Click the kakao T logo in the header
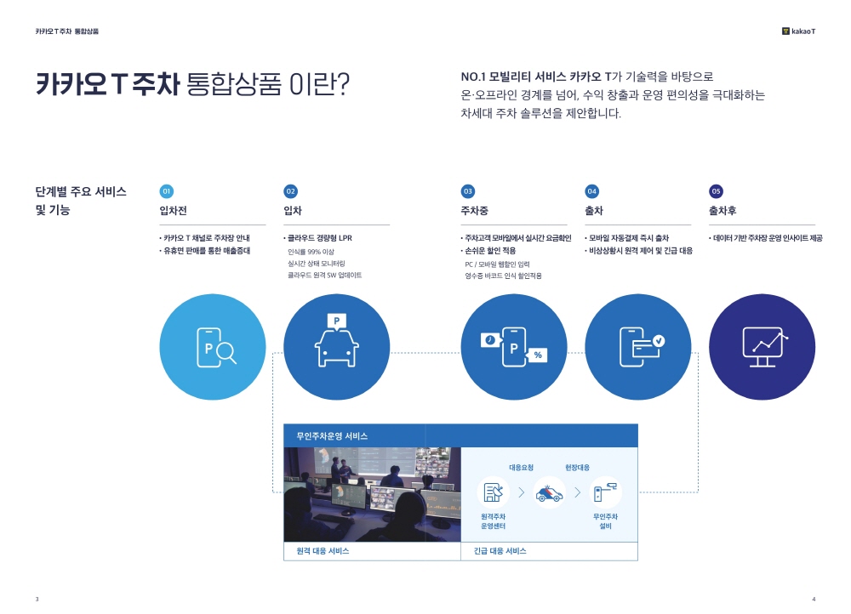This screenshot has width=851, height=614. coord(798,31)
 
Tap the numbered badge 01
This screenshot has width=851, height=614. coord(167,191)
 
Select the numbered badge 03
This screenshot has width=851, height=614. coord(468,191)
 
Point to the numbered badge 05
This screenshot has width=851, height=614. coord(716,191)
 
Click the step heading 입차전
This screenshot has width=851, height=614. coord(173,210)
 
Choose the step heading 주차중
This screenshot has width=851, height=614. coord(474,210)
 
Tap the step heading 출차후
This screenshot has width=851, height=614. coord(722,210)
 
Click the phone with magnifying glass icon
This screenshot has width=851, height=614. coord(216,347)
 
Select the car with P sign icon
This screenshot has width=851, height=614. coord(336,340)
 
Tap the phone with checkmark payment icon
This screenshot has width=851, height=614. coord(642,347)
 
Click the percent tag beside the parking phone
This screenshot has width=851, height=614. coord(537,355)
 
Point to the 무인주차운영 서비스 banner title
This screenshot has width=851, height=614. coord(332,436)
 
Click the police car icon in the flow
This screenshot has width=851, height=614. coord(549,492)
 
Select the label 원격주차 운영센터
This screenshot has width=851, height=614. coord(493,521)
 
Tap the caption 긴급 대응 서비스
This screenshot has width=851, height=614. coord(500,550)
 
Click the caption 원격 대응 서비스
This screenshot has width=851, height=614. coord(323,550)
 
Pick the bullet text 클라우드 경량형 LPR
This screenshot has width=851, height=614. coord(320,238)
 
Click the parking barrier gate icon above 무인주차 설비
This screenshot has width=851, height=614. coord(605,492)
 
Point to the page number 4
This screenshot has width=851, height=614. coord(814,600)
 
